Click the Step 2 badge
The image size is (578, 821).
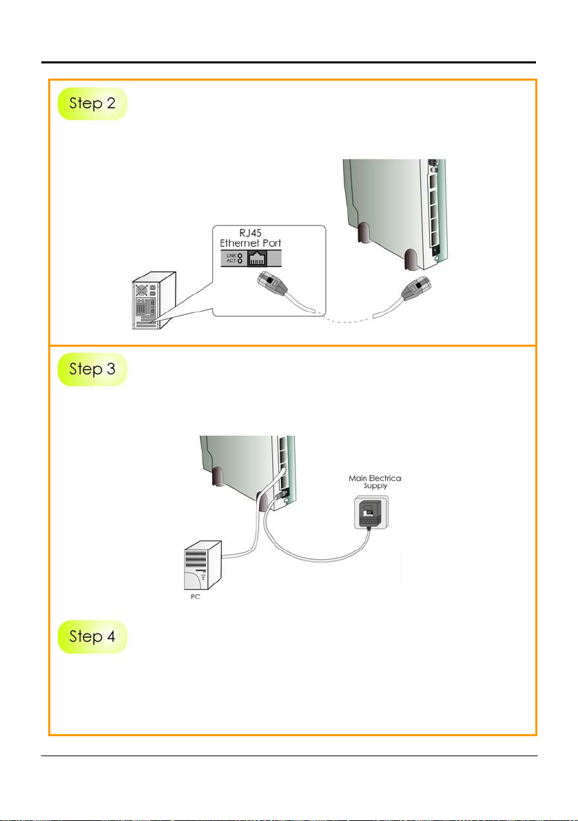[92, 103]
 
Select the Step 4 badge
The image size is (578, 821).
[92, 636]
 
